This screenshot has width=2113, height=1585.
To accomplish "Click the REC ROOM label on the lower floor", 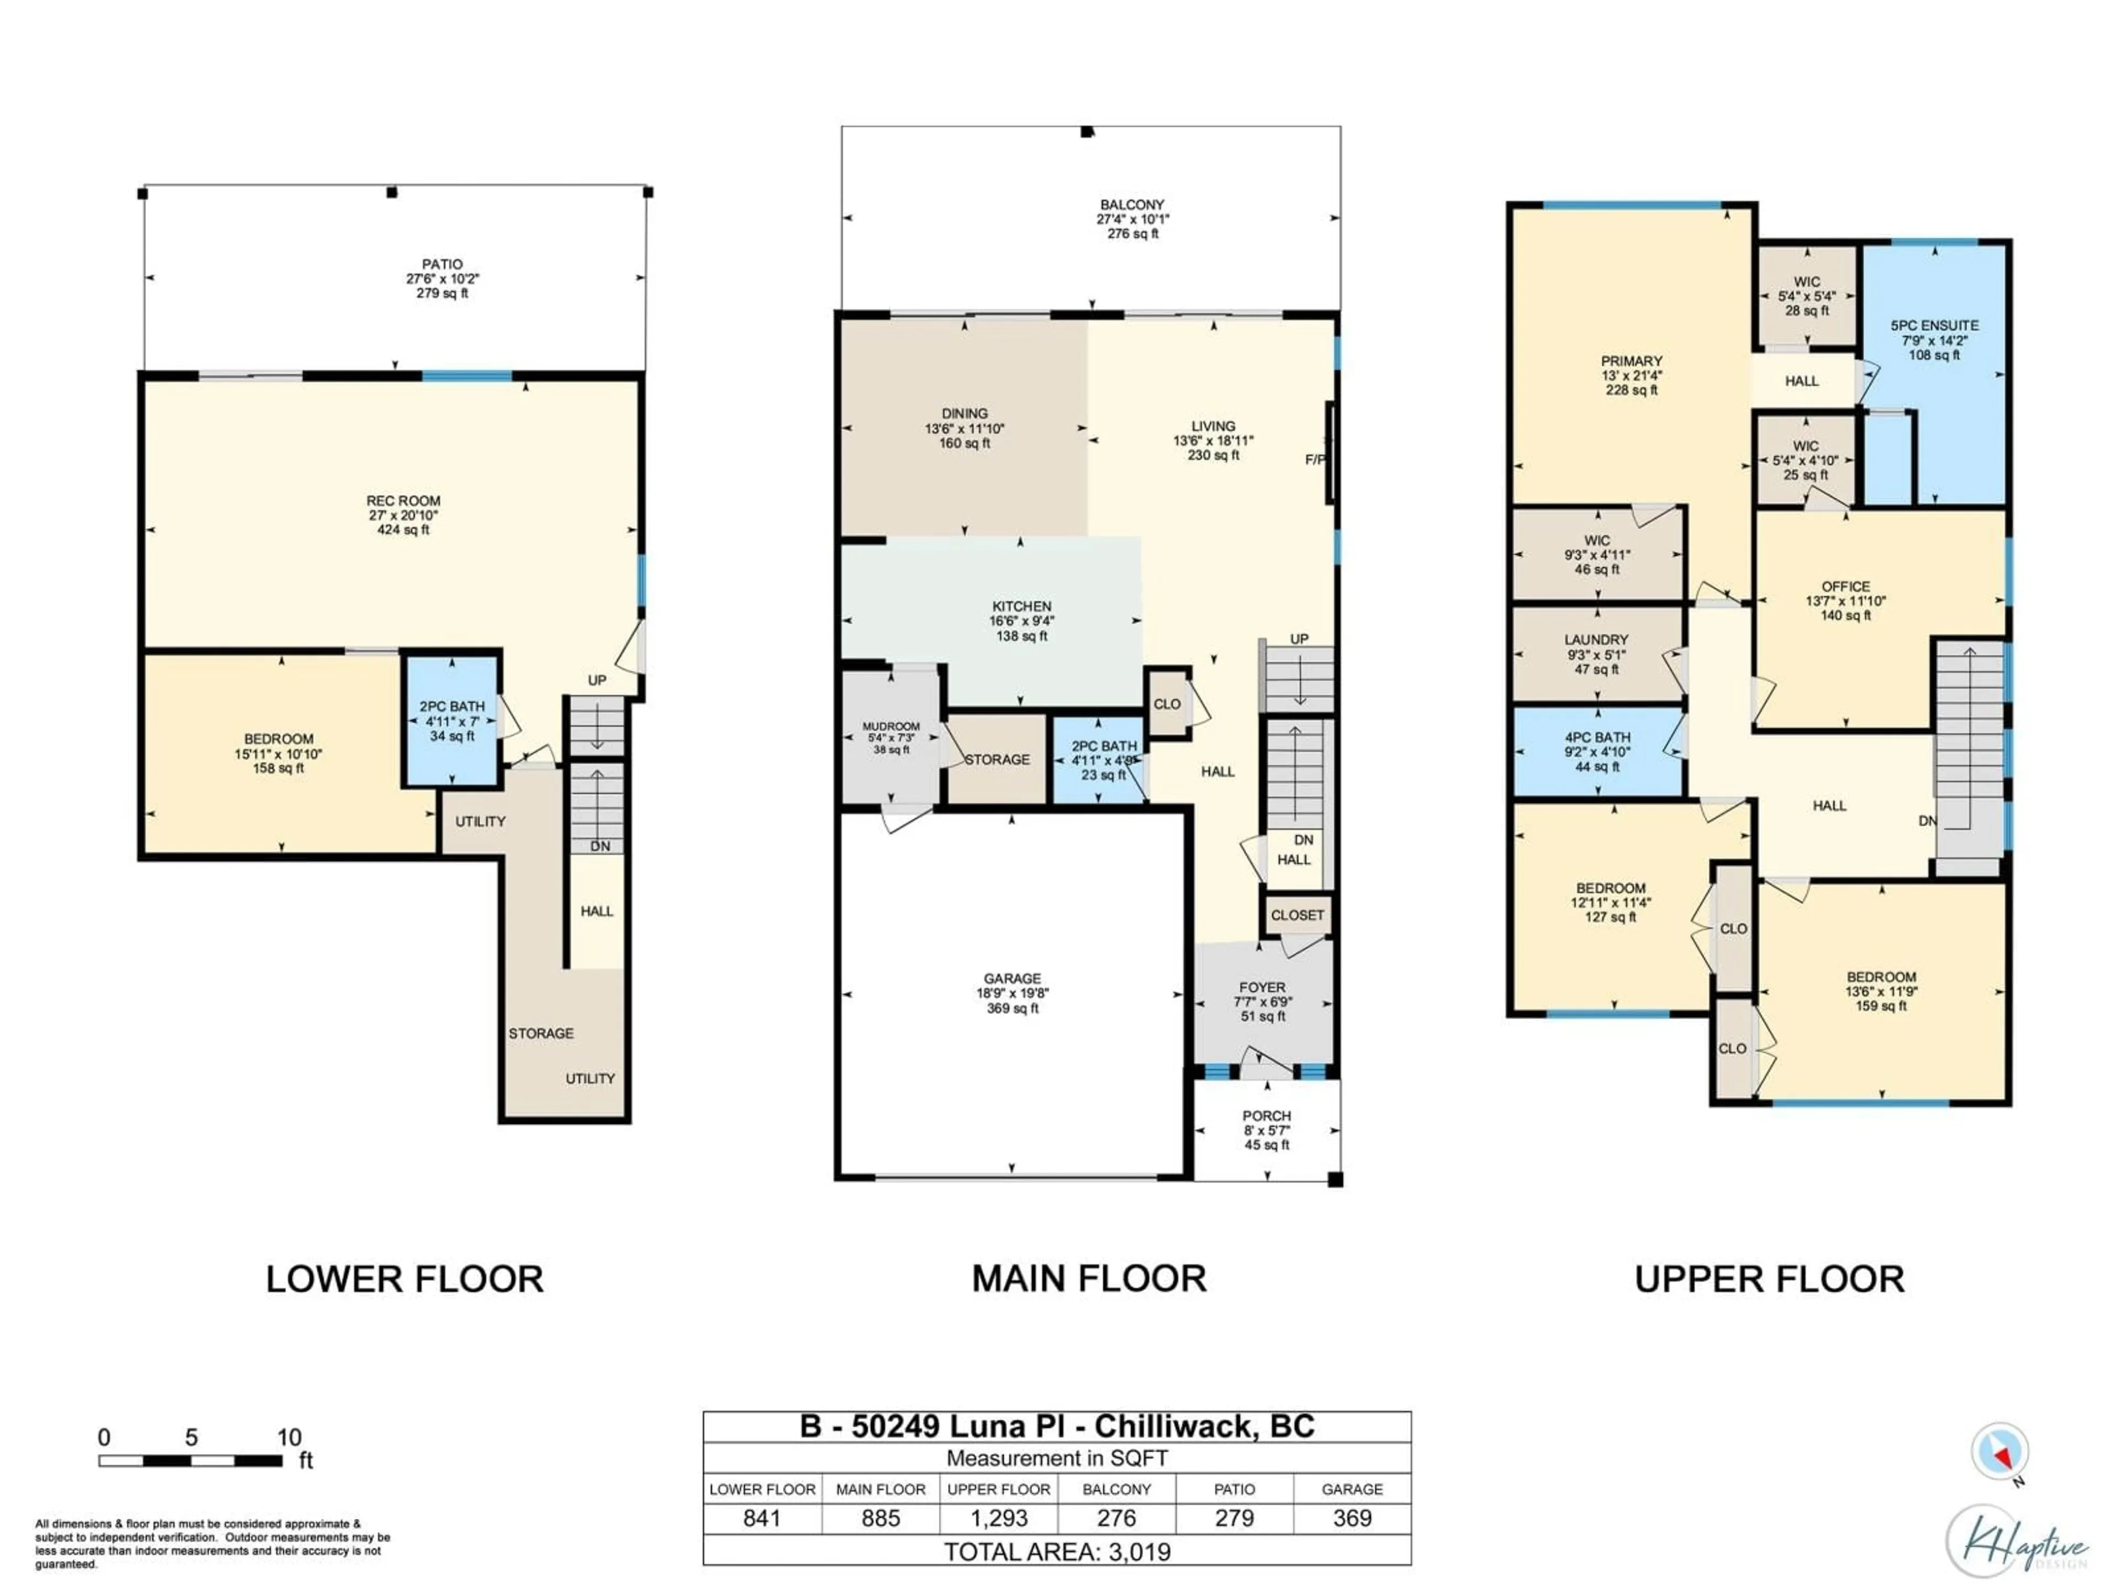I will [x=403, y=501].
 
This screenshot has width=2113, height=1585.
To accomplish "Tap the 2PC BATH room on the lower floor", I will [x=452, y=722].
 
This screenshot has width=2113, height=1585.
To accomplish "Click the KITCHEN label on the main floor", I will [x=1021, y=606].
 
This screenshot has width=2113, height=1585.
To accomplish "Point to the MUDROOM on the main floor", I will [x=890, y=736].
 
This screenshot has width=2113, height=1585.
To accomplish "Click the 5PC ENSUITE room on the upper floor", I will [x=1934, y=339].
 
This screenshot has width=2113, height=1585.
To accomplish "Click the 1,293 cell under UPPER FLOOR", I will [x=998, y=1518].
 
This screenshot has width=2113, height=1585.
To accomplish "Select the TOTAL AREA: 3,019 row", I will [x=1056, y=1551].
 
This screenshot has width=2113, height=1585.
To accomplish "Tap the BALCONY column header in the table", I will [x=1116, y=1489].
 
